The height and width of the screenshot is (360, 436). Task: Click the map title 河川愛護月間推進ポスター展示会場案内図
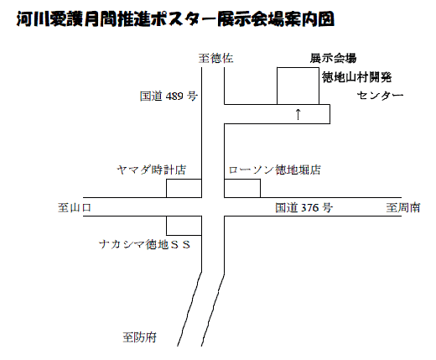point(175,19)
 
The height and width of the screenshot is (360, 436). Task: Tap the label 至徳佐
point(215,59)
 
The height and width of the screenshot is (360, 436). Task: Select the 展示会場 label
point(333,58)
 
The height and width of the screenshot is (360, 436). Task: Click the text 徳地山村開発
point(356,77)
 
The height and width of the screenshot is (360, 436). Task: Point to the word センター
point(380,96)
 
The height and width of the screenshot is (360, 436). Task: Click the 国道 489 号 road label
point(169,96)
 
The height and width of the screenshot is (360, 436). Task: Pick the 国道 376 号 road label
point(304,207)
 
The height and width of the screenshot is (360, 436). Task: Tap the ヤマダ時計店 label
point(151,170)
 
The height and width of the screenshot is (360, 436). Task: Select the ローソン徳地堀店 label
point(275,170)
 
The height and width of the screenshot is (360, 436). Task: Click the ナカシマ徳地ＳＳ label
point(145,245)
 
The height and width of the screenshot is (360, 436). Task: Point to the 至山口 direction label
point(75,207)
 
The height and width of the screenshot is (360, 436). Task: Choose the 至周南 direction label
point(403,207)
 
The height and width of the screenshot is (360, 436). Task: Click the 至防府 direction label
point(140,337)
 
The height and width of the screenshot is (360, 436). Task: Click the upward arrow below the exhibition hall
point(298,114)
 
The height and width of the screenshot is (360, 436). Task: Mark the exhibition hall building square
point(298,86)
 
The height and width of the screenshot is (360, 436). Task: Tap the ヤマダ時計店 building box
point(184,188)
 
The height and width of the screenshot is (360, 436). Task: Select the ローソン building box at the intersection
point(242,188)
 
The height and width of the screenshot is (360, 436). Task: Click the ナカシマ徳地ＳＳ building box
point(184,226)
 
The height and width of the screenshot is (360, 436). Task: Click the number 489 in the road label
point(174,97)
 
